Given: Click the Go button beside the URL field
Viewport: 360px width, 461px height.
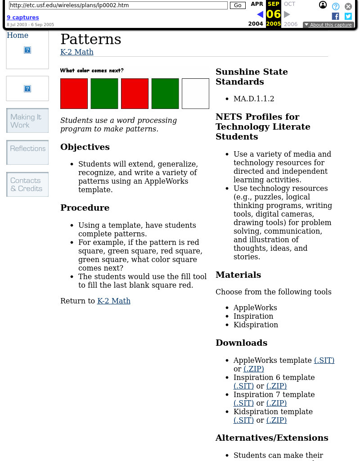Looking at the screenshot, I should [x=237, y=5].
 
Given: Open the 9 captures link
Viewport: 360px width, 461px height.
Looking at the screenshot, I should [x=22, y=18].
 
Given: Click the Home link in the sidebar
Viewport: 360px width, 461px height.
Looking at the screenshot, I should [x=18, y=36].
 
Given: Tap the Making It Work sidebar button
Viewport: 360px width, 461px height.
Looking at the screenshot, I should [x=27, y=121].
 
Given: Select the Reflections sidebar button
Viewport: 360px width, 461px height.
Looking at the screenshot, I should [x=27, y=152].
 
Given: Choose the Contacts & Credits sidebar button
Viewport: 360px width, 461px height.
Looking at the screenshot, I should [x=27, y=184].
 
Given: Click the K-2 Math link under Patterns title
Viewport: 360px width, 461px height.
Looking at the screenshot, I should [x=77, y=52].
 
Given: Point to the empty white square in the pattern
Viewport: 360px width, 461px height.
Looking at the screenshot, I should [x=195, y=94].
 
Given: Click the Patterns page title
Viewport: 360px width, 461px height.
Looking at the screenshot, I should [x=90, y=39].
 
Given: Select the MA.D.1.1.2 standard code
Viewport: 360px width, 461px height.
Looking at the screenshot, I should [x=254, y=99].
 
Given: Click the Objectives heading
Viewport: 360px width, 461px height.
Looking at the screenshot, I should [x=85, y=147].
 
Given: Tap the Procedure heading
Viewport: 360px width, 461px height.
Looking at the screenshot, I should [x=85, y=208].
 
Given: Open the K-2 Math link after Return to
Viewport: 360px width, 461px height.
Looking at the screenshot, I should [x=114, y=301].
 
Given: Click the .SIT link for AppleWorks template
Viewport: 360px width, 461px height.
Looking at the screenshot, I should [x=324, y=360].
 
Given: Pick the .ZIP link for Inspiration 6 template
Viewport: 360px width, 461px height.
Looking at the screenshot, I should [x=276, y=386].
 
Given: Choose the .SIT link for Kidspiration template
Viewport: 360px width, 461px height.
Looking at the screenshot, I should [x=243, y=420].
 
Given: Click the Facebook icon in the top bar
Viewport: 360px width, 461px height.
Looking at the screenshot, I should [x=335, y=16].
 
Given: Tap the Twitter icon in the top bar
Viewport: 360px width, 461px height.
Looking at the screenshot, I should [x=348, y=16].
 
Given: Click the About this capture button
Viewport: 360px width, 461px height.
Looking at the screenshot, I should [x=328, y=25].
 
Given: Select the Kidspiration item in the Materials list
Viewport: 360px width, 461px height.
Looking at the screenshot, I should [x=256, y=325].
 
